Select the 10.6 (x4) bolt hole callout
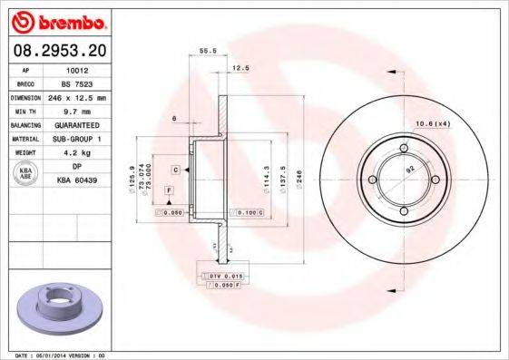click(433, 123)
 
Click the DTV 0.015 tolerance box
click(220, 275)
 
